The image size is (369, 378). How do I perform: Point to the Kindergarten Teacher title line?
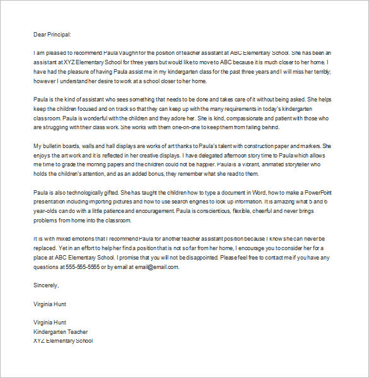pos(61,331)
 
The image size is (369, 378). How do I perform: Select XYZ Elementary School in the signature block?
pos(62,340)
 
